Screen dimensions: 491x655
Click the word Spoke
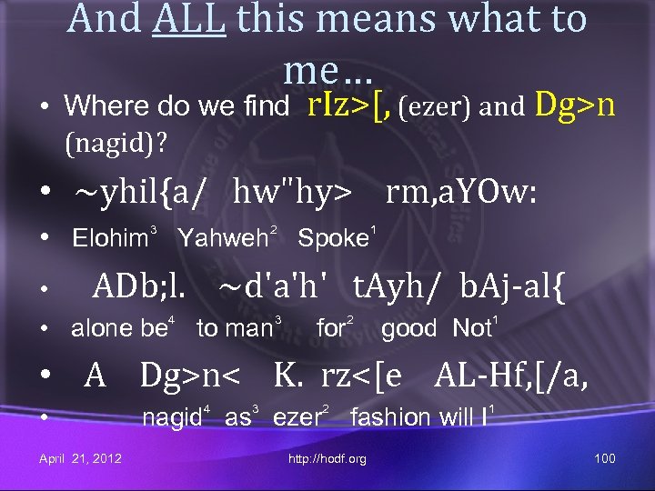[x=333, y=239]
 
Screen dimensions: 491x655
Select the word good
[x=408, y=328]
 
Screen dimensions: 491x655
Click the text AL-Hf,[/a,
[x=511, y=374]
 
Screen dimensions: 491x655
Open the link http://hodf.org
[x=327, y=458]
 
